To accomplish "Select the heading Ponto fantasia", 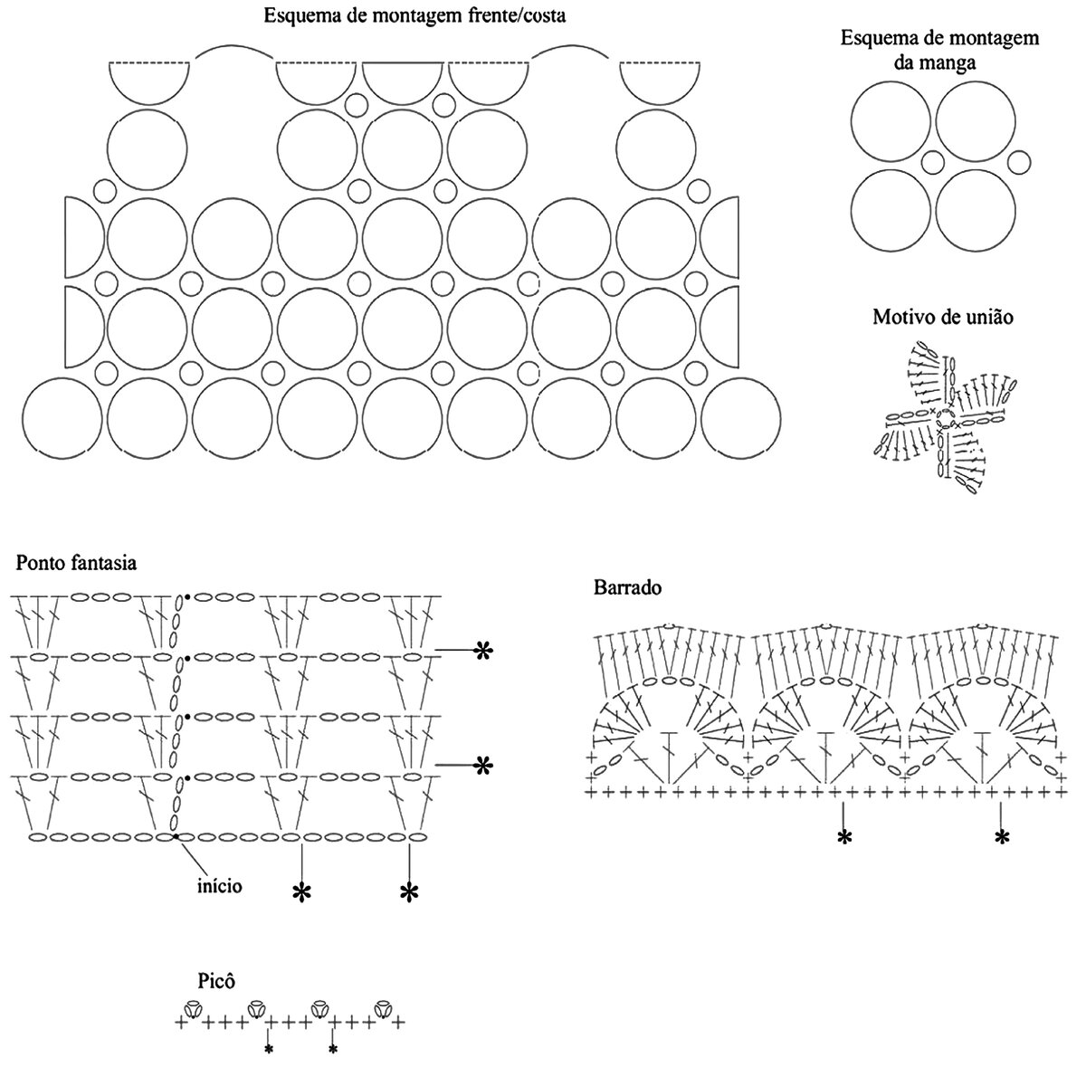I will point(76,563).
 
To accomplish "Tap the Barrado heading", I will point(628,587).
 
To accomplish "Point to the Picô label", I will point(217,981).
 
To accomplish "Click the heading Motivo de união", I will point(942,318).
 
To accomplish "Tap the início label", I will point(219,885).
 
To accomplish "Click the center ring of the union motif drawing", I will point(945,417).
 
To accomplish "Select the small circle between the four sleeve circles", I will point(933,163).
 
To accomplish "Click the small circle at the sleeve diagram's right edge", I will point(1019,163).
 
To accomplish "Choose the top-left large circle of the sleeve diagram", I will point(891,120).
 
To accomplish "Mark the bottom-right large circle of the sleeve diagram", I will point(976,209).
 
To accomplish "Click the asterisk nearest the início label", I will point(301,893).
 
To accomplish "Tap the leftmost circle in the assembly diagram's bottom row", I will point(62,417).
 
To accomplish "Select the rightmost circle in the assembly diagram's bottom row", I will point(741,417).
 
